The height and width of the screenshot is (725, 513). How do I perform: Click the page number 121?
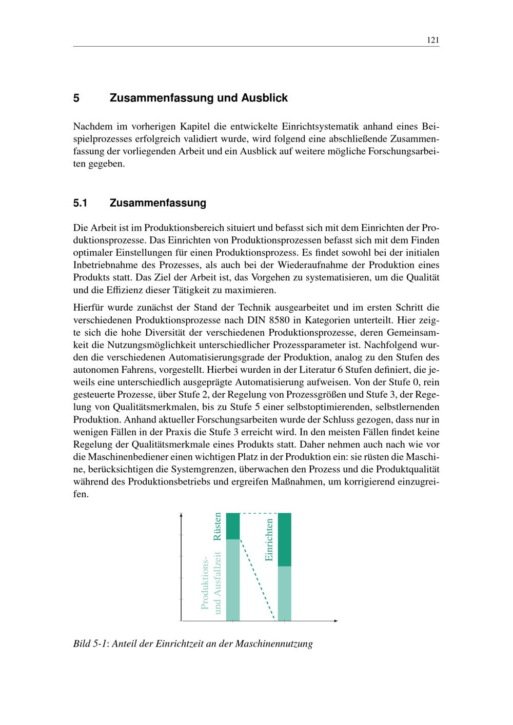click(432, 41)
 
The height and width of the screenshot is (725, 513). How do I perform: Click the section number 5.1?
click(81, 203)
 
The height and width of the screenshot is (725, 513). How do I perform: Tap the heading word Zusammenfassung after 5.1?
click(157, 203)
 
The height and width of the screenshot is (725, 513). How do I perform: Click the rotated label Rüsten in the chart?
click(218, 526)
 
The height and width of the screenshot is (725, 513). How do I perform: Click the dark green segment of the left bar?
click(233, 526)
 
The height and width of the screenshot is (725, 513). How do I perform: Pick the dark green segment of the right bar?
click(284, 539)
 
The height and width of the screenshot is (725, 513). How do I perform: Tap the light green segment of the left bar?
click(233, 579)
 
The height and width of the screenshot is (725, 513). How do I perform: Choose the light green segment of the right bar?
click(284, 593)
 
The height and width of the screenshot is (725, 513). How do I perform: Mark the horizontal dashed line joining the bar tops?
click(259, 513)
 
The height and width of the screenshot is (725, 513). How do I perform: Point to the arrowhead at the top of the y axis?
click(182, 514)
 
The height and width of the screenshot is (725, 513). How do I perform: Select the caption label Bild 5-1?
click(90, 643)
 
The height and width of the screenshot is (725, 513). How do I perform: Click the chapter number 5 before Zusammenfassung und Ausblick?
click(76, 98)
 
